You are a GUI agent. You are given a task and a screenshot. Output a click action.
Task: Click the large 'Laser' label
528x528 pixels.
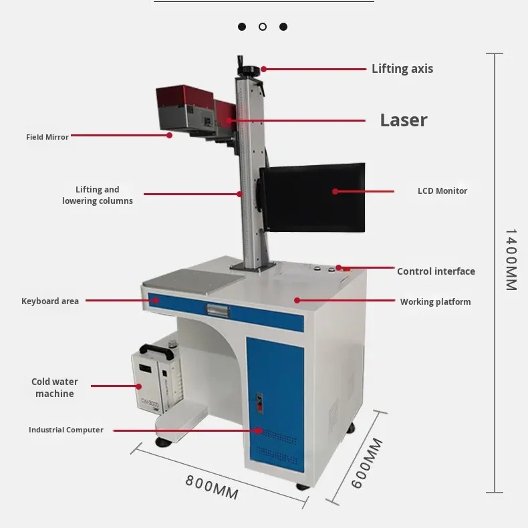click(x=403, y=120)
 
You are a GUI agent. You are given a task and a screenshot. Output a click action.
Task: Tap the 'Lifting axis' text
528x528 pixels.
click(x=402, y=69)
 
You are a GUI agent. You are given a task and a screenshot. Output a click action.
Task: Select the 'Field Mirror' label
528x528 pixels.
click(x=47, y=137)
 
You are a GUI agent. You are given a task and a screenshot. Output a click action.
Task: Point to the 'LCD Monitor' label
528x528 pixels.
click(x=442, y=191)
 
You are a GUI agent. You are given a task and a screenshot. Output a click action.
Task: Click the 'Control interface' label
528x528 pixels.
click(x=436, y=271)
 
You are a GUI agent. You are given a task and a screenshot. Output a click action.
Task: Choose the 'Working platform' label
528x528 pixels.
click(x=435, y=302)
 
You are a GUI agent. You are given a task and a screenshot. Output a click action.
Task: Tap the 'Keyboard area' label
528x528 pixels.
click(x=50, y=301)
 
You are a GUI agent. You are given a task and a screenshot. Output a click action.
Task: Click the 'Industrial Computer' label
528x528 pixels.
click(x=66, y=430)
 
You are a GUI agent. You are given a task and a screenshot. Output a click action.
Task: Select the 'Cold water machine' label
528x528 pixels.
click(x=55, y=388)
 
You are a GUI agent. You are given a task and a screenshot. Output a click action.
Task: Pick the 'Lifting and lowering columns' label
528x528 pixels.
click(x=98, y=195)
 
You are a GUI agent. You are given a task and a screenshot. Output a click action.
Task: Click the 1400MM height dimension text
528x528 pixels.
click(x=511, y=260)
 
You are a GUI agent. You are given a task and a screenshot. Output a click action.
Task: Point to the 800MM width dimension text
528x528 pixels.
click(x=212, y=487)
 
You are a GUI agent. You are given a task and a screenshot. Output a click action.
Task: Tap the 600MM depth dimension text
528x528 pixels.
click(x=368, y=463)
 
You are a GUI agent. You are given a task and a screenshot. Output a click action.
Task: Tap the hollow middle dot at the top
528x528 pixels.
click(x=263, y=27)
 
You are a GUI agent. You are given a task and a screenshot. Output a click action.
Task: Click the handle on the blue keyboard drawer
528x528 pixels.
click(x=219, y=309)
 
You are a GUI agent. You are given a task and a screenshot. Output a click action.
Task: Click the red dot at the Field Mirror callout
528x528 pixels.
click(x=170, y=135)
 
